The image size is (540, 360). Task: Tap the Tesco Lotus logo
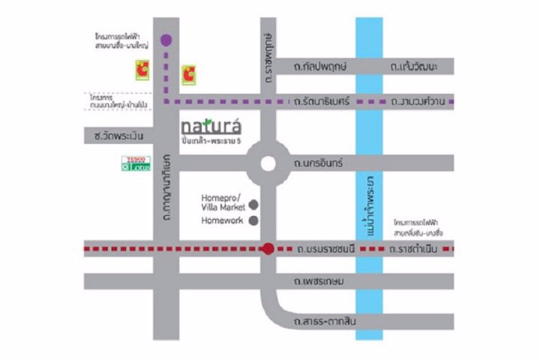coord(136,163)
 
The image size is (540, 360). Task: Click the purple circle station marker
coord(166,40)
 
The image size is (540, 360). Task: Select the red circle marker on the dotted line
coord(267,247)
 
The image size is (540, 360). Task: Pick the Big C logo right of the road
coord(189,74)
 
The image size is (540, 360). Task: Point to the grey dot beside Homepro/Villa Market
coord(253,203)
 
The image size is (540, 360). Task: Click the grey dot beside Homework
coord(253,220)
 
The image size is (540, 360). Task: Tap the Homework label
coord(223,220)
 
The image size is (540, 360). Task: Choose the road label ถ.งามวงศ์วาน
coord(417,100)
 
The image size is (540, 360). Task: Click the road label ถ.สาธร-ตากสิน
coord(327,322)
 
